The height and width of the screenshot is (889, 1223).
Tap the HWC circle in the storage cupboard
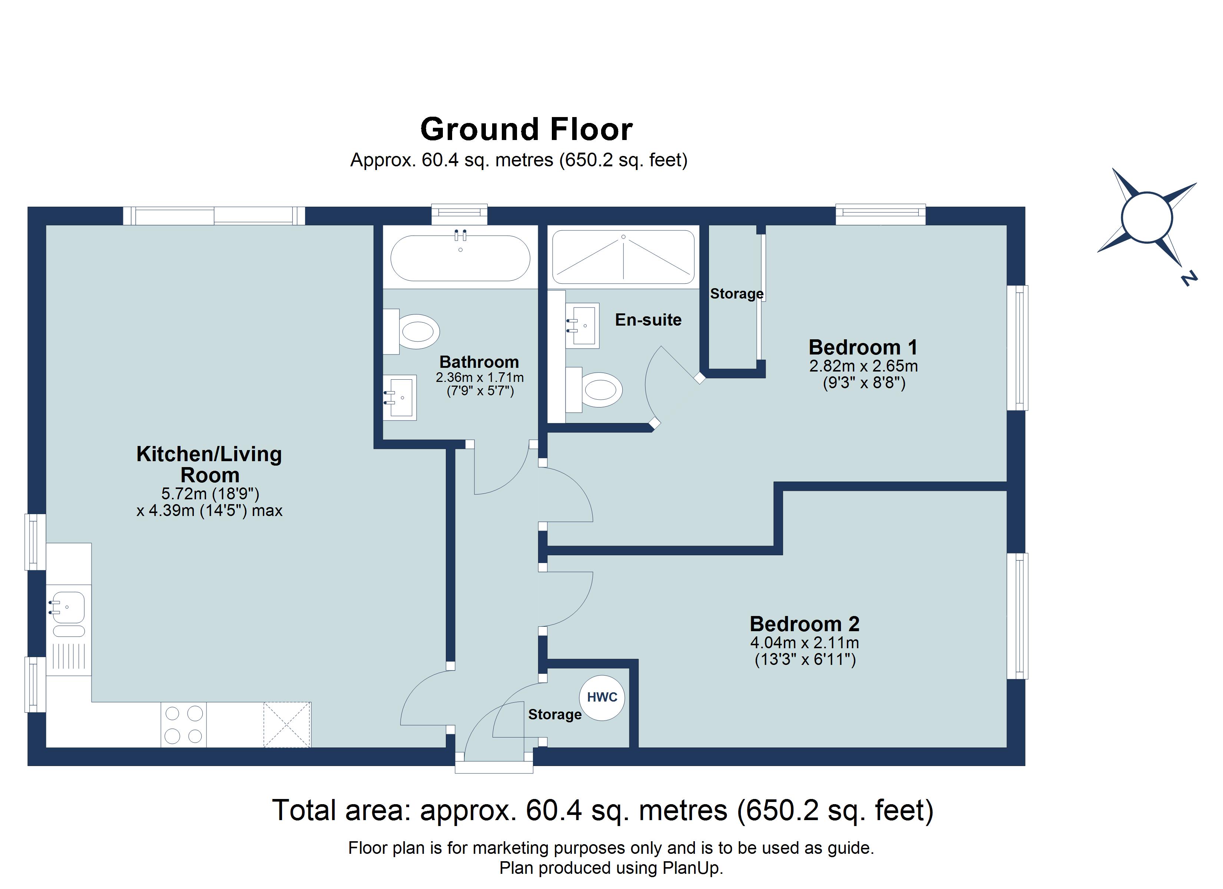[602, 697]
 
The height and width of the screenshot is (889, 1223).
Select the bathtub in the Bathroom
[460, 258]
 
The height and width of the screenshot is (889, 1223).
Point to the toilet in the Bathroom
[418, 332]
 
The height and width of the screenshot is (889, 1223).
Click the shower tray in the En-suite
[623, 257]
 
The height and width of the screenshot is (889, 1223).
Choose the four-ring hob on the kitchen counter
[183, 725]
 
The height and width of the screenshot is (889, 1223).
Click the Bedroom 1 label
[863, 347]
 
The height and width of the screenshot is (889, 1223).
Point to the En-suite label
[648, 320]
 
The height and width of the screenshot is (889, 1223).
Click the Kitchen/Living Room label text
[209, 464]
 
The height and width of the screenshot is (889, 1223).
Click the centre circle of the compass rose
[1146, 218]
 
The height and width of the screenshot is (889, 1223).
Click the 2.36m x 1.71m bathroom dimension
[480, 377]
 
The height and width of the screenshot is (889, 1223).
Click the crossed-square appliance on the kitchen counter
[287, 724]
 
